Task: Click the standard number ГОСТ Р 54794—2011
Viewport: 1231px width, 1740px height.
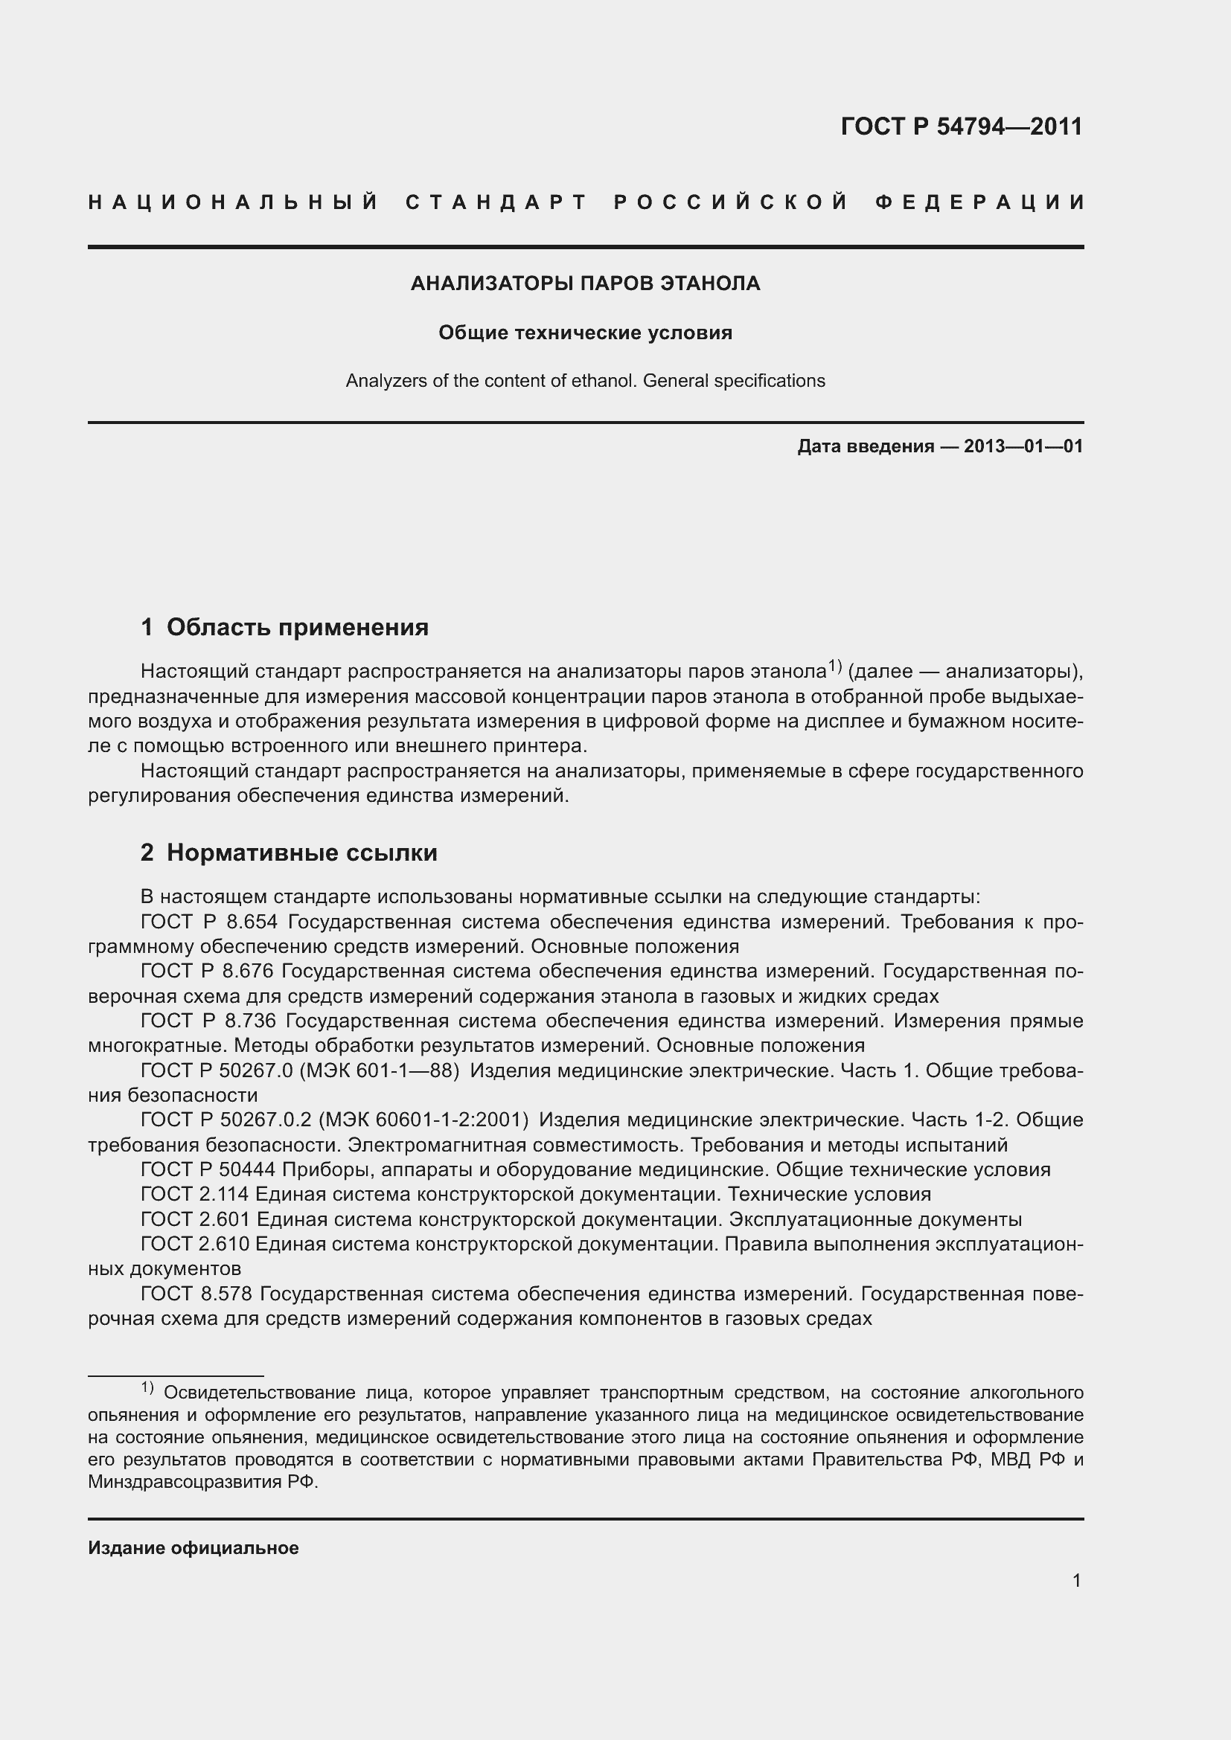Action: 961,126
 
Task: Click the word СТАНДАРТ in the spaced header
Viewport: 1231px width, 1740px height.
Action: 496,202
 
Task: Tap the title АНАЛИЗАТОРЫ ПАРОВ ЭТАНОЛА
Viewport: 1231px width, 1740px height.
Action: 585,283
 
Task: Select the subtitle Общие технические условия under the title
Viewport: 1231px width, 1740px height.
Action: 585,333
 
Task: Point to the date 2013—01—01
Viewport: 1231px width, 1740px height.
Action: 1023,446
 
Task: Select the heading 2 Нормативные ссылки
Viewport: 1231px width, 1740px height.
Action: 289,853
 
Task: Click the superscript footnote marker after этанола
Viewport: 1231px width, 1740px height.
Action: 834,665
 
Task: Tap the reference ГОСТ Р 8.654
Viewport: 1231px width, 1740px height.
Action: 209,922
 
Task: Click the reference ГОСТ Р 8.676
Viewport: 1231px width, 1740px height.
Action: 209,972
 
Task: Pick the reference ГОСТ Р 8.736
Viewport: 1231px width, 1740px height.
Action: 209,1021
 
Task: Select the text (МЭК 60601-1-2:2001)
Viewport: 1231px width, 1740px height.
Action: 423,1120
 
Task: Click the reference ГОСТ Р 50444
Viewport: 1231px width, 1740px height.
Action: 216,1170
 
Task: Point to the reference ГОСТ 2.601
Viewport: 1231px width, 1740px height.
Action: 195,1219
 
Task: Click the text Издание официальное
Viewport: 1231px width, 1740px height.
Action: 194,1548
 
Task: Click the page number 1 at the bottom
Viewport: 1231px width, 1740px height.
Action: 1076,1580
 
